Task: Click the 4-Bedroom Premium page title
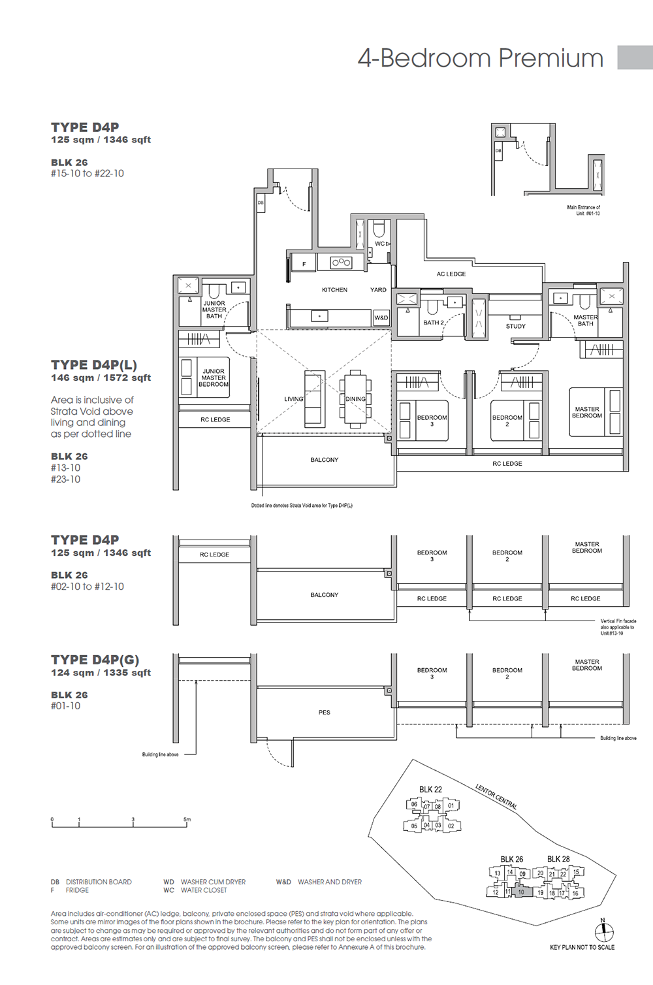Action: [x=480, y=58]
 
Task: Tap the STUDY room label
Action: [x=515, y=326]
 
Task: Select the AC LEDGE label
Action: [x=451, y=274]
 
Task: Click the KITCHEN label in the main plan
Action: [x=334, y=289]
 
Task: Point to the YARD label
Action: [x=378, y=289]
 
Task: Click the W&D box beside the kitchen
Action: [x=381, y=317]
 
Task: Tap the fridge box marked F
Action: [x=304, y=264]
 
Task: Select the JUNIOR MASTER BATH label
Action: [x=214, y=310]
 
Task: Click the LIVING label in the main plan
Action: [x=293, y=398]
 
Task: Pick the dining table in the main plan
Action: [x=355, y=399]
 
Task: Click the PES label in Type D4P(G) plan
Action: [x=325, y=712]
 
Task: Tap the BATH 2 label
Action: [x=433, y=323]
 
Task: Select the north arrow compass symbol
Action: [x=603, y=931]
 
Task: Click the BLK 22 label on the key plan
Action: [x=430, y=789]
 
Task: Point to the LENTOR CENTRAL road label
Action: [x=496, y=796]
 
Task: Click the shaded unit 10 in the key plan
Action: [x=521, y=892]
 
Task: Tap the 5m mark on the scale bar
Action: [x=187, y=820]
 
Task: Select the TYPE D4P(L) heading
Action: [x=94, y=365]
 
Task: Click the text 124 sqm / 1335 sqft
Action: [x=101, y=673]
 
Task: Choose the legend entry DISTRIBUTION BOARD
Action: [x=99, y=882]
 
